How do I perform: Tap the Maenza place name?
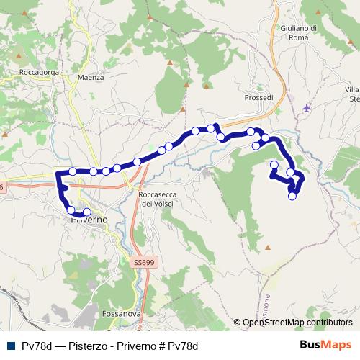coord(91,76)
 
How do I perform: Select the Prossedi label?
coord(258,97)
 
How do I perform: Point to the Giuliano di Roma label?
coord(295,32)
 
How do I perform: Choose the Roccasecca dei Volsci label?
coord(157,199)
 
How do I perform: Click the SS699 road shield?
coord(143,264)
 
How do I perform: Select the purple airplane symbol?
coord(308,108)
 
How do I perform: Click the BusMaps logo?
coord(325,344)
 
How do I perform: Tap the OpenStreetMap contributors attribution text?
coord(297,323)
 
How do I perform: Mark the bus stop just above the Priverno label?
coord(87,212)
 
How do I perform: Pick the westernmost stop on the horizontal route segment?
coord(73,171)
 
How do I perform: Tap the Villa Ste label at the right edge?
coord(352,94)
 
